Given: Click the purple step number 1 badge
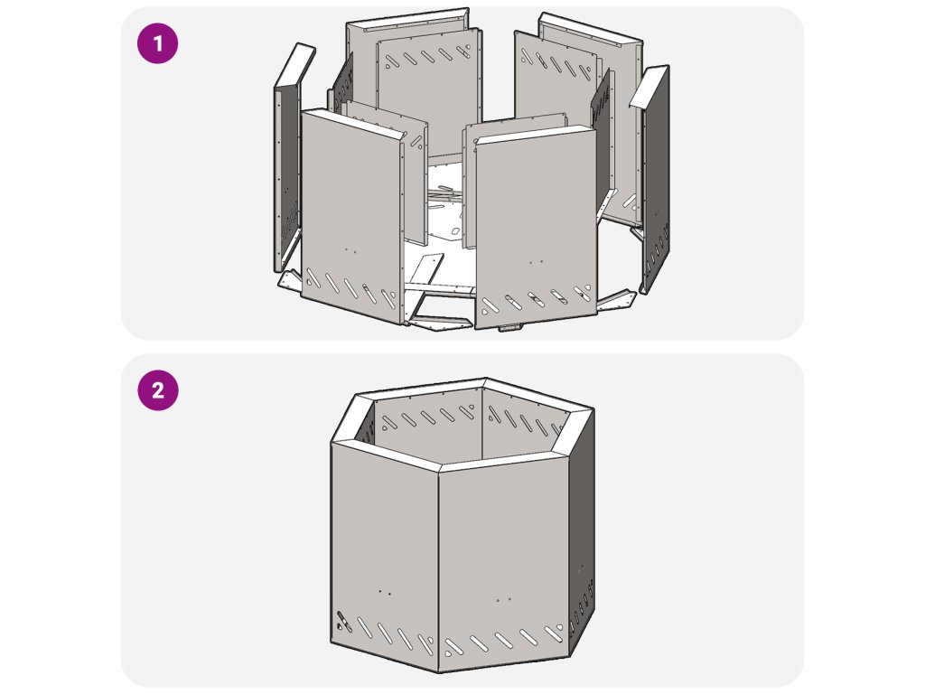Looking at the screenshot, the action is (157, 43).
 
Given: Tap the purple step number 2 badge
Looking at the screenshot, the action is (157, 390).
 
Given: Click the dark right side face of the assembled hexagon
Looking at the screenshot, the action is (582, 531).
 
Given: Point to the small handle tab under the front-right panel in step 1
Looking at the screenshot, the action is (510, 327).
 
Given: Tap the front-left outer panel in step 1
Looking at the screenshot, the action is (352, 215).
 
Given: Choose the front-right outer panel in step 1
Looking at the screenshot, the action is (536, 227).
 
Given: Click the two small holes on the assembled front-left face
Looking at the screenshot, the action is (385, 591).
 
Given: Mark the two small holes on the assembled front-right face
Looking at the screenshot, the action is (503, 600).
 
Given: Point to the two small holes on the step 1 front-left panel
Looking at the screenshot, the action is (350, 250).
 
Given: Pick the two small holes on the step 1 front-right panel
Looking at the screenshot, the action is (537, 262).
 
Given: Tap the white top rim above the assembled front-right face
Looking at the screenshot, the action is (516, 438).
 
